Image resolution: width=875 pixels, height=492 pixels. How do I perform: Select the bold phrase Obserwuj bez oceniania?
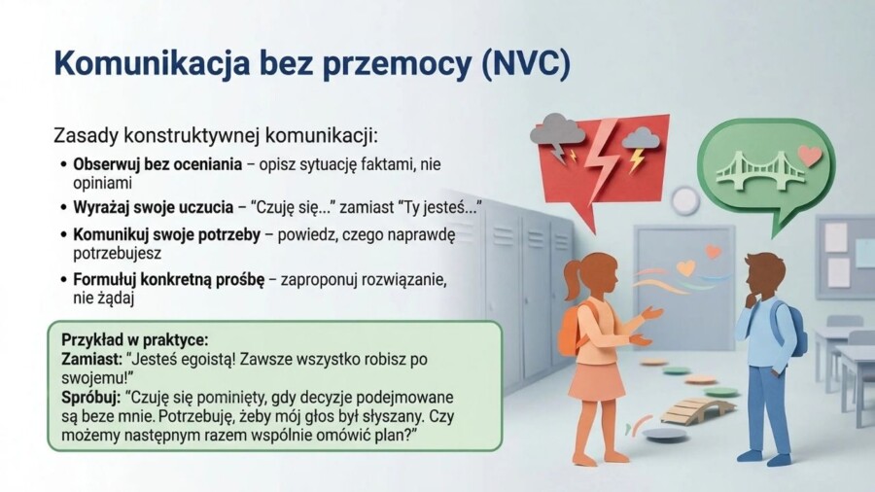157,163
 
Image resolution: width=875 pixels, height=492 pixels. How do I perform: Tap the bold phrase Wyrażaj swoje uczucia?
154,207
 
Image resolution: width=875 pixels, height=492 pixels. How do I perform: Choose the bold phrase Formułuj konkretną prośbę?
168,280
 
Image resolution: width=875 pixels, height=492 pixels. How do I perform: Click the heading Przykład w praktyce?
134,340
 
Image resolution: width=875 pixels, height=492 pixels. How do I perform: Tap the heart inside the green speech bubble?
809,156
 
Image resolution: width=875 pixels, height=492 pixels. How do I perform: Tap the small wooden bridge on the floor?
697,408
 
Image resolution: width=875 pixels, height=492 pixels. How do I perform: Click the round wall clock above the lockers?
685,200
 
